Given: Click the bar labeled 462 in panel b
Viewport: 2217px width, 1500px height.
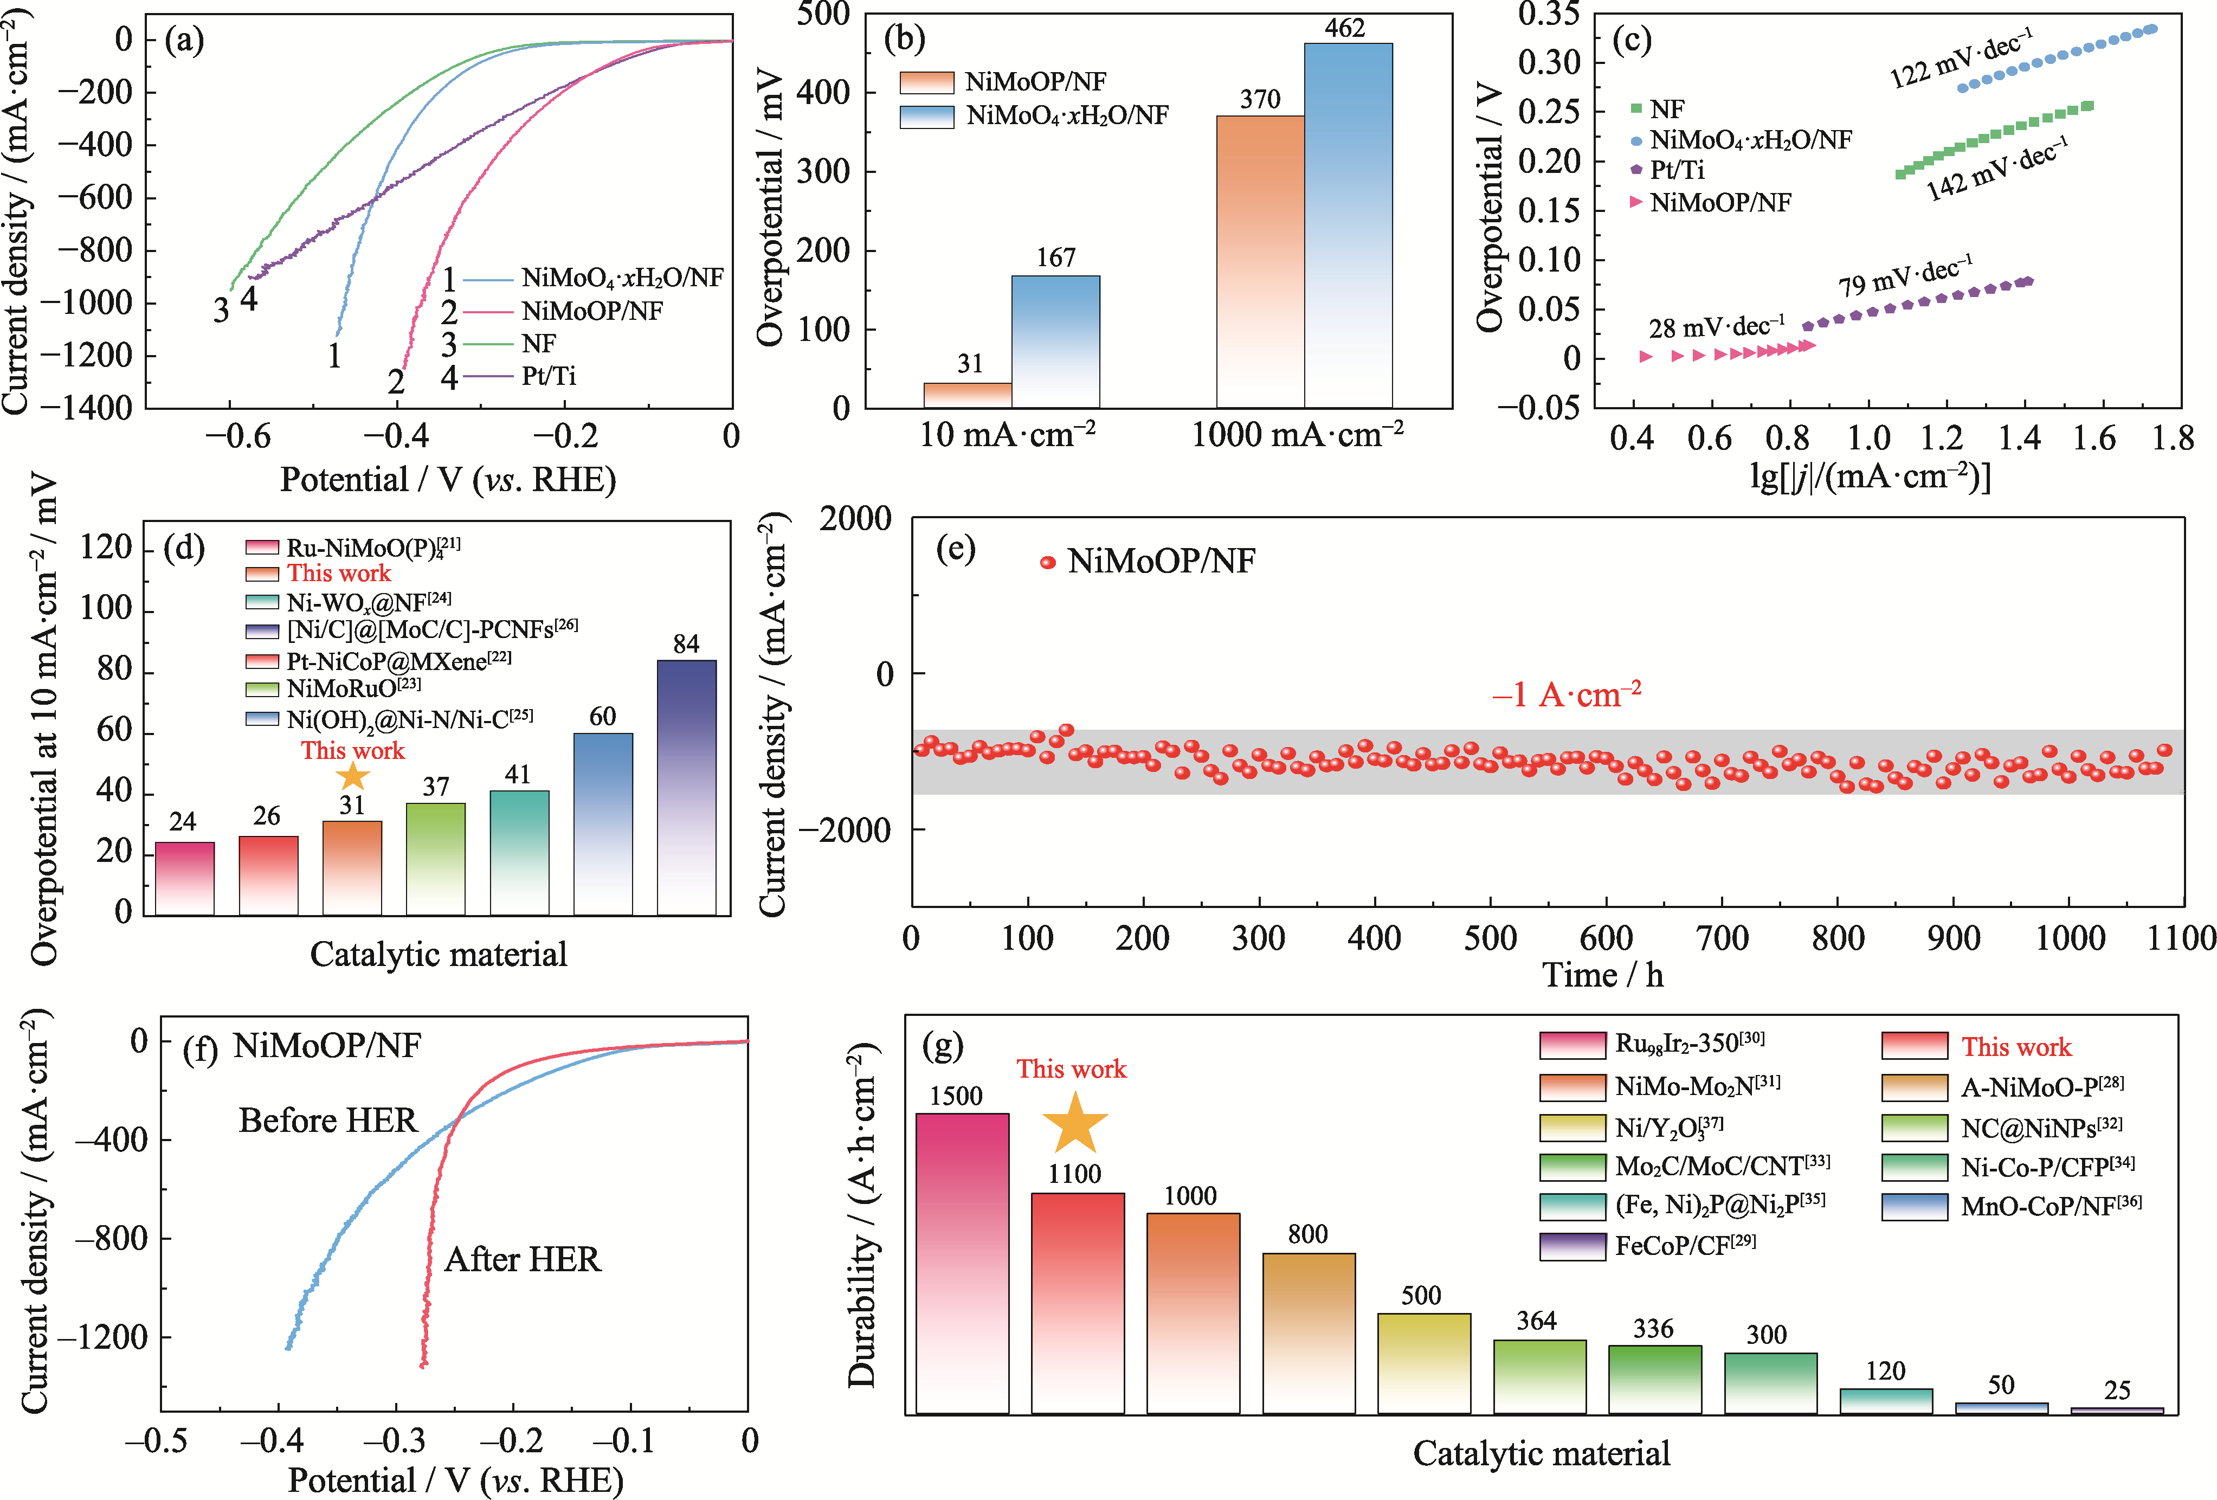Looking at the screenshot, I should point(1348,225).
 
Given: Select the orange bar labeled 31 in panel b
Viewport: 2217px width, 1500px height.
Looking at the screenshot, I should point(968,395).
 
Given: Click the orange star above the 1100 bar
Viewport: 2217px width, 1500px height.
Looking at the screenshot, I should point(1075,1123).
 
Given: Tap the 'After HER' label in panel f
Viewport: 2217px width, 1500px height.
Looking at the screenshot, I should point(523,1259).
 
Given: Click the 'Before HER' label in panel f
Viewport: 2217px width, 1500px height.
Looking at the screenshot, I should point(327,1120).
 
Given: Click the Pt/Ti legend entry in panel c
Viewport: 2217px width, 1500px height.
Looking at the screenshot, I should point(1676,170).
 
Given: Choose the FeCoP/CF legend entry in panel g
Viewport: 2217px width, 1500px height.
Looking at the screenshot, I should point(1684,1245).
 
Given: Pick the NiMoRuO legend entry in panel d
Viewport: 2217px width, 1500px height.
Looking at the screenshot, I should point(353,688).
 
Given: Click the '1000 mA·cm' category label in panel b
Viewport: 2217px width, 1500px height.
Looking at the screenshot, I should point(1297,435).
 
